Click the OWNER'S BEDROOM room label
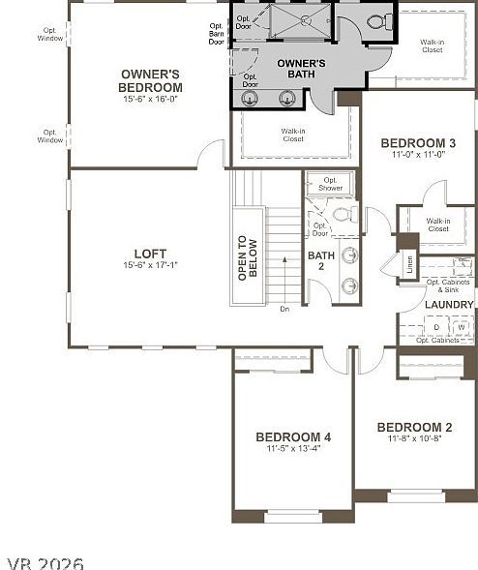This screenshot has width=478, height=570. (152, 80)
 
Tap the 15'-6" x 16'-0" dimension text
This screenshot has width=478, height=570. (152, 99)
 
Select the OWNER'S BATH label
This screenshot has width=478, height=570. (301, 70)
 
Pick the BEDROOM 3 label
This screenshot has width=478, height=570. (418, 141)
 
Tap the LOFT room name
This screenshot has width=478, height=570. (152, 255)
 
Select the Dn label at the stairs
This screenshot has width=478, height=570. (284, 309)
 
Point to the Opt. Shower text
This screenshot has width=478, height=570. (332, 184)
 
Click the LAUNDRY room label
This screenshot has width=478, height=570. (449, 305)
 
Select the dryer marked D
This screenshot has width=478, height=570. (436, 327)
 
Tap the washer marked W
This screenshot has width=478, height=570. (461, 327)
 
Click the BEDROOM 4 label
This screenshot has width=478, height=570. (293, 437)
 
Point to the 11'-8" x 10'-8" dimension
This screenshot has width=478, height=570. (414, 438)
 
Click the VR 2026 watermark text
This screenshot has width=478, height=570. (45, 562)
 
